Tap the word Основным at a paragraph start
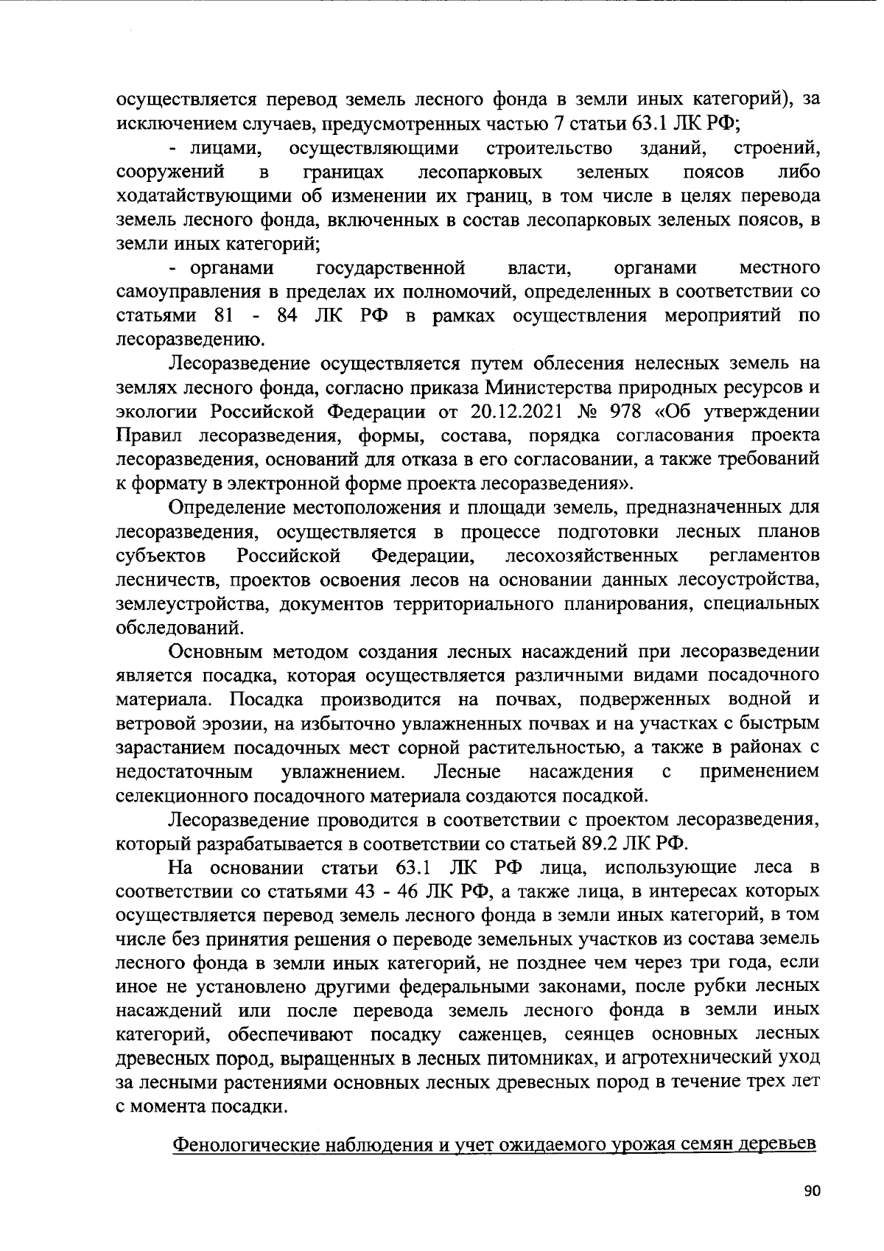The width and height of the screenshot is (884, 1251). (x=214, y=651)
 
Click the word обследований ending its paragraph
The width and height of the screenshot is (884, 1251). (x=179, y=628)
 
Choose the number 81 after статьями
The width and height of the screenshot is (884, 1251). (x=224, y=315)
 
